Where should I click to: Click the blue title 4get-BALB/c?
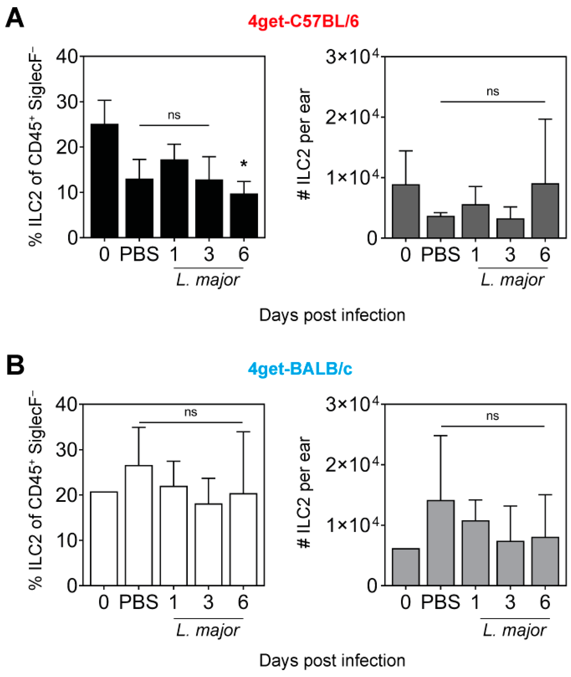300,369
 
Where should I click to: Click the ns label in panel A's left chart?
174,115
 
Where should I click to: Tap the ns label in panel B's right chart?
492,416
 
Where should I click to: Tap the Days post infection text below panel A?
332,315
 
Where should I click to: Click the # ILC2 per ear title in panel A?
304,144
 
